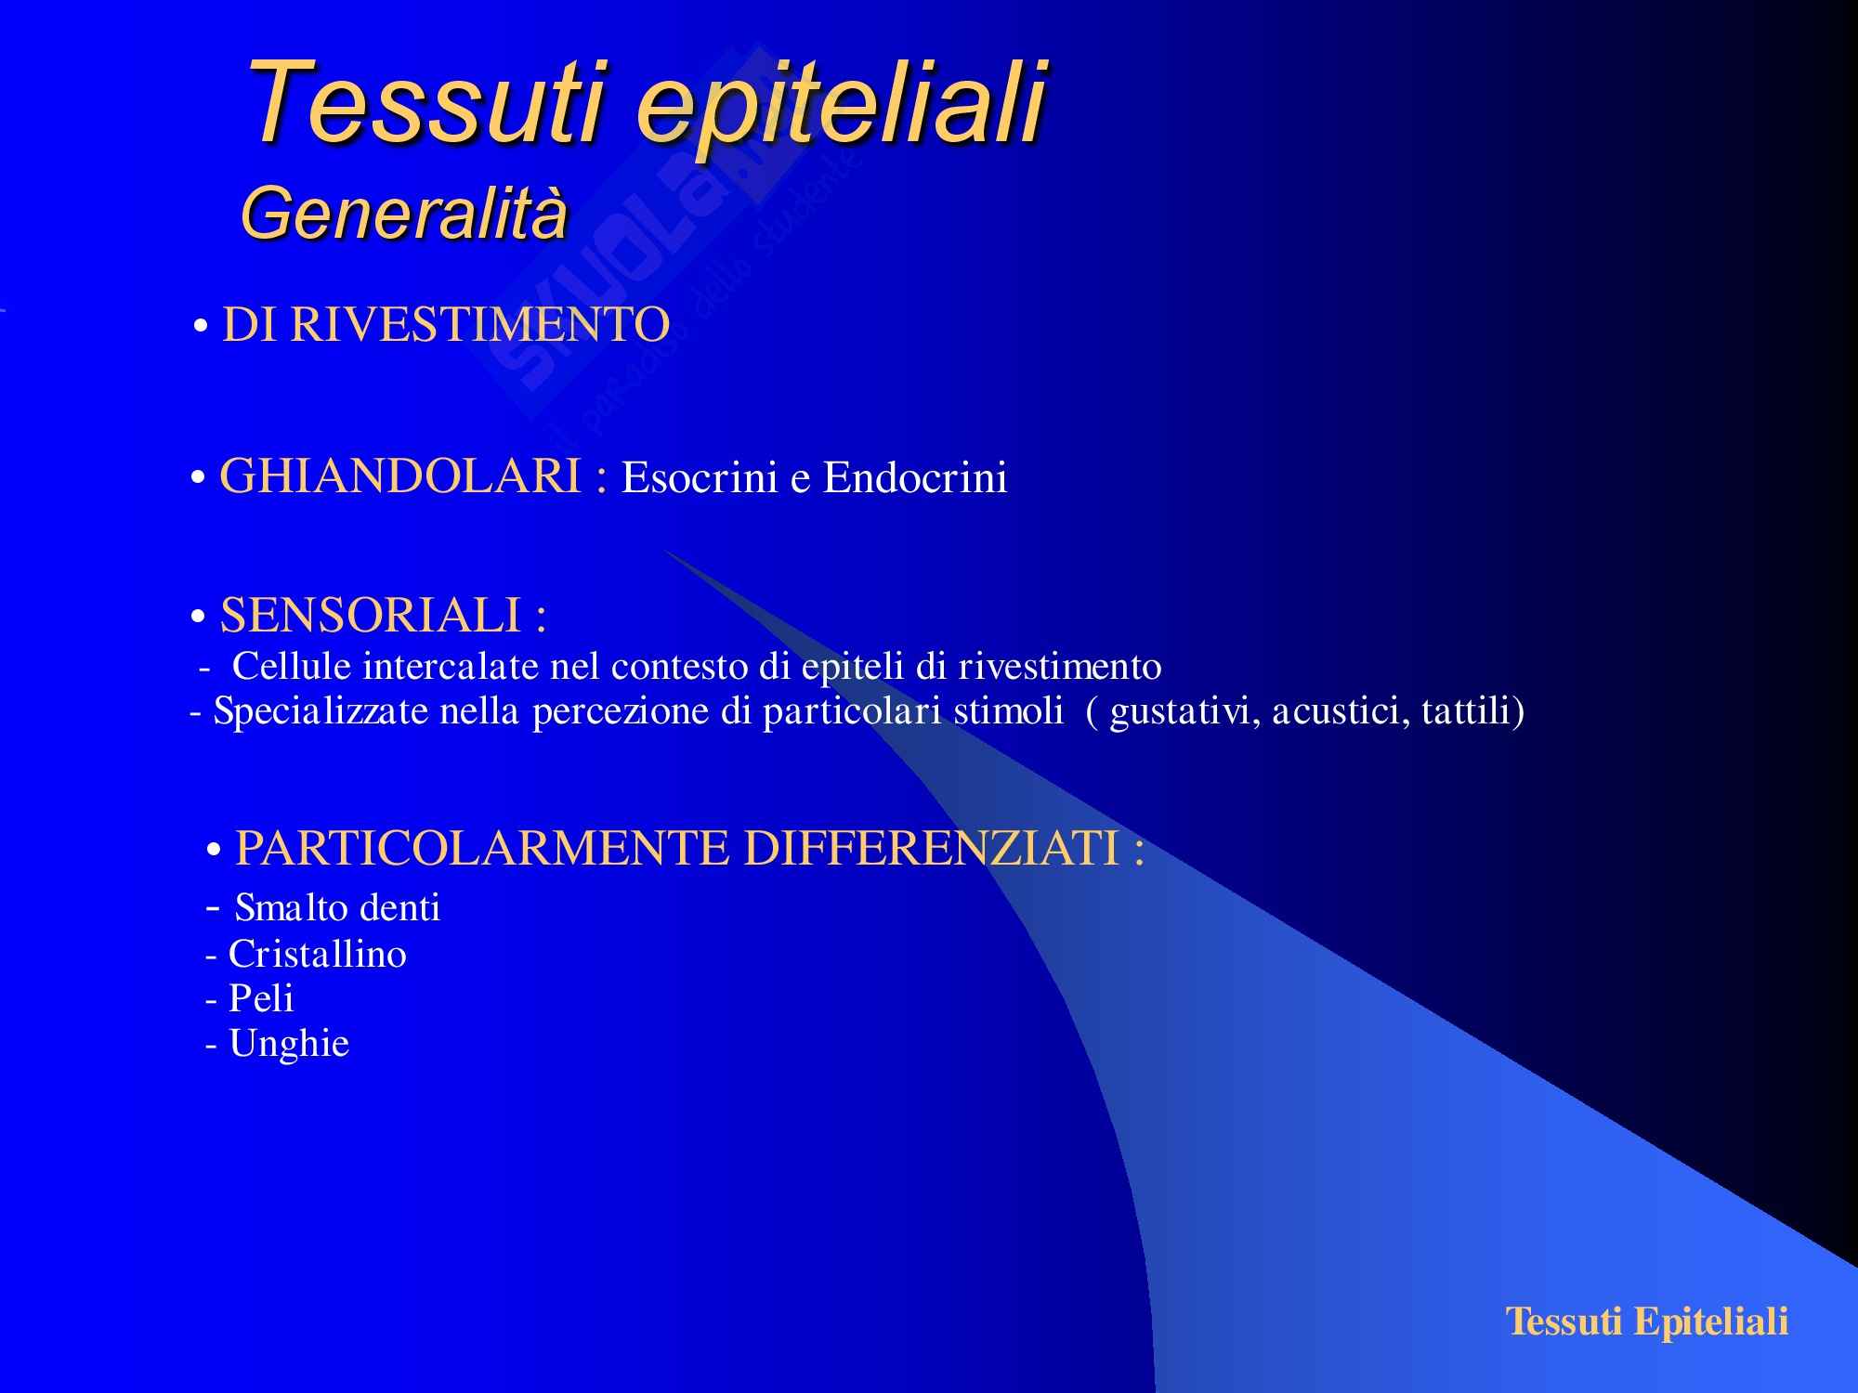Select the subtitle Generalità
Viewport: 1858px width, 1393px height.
403,213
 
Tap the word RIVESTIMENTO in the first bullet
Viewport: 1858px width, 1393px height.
480,325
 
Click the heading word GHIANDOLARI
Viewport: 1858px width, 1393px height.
400,476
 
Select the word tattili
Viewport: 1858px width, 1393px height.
1468,711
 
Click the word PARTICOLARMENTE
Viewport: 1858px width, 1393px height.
482,848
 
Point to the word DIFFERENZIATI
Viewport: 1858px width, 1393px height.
932,848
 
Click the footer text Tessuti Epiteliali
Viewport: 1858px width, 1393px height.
1646,1321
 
